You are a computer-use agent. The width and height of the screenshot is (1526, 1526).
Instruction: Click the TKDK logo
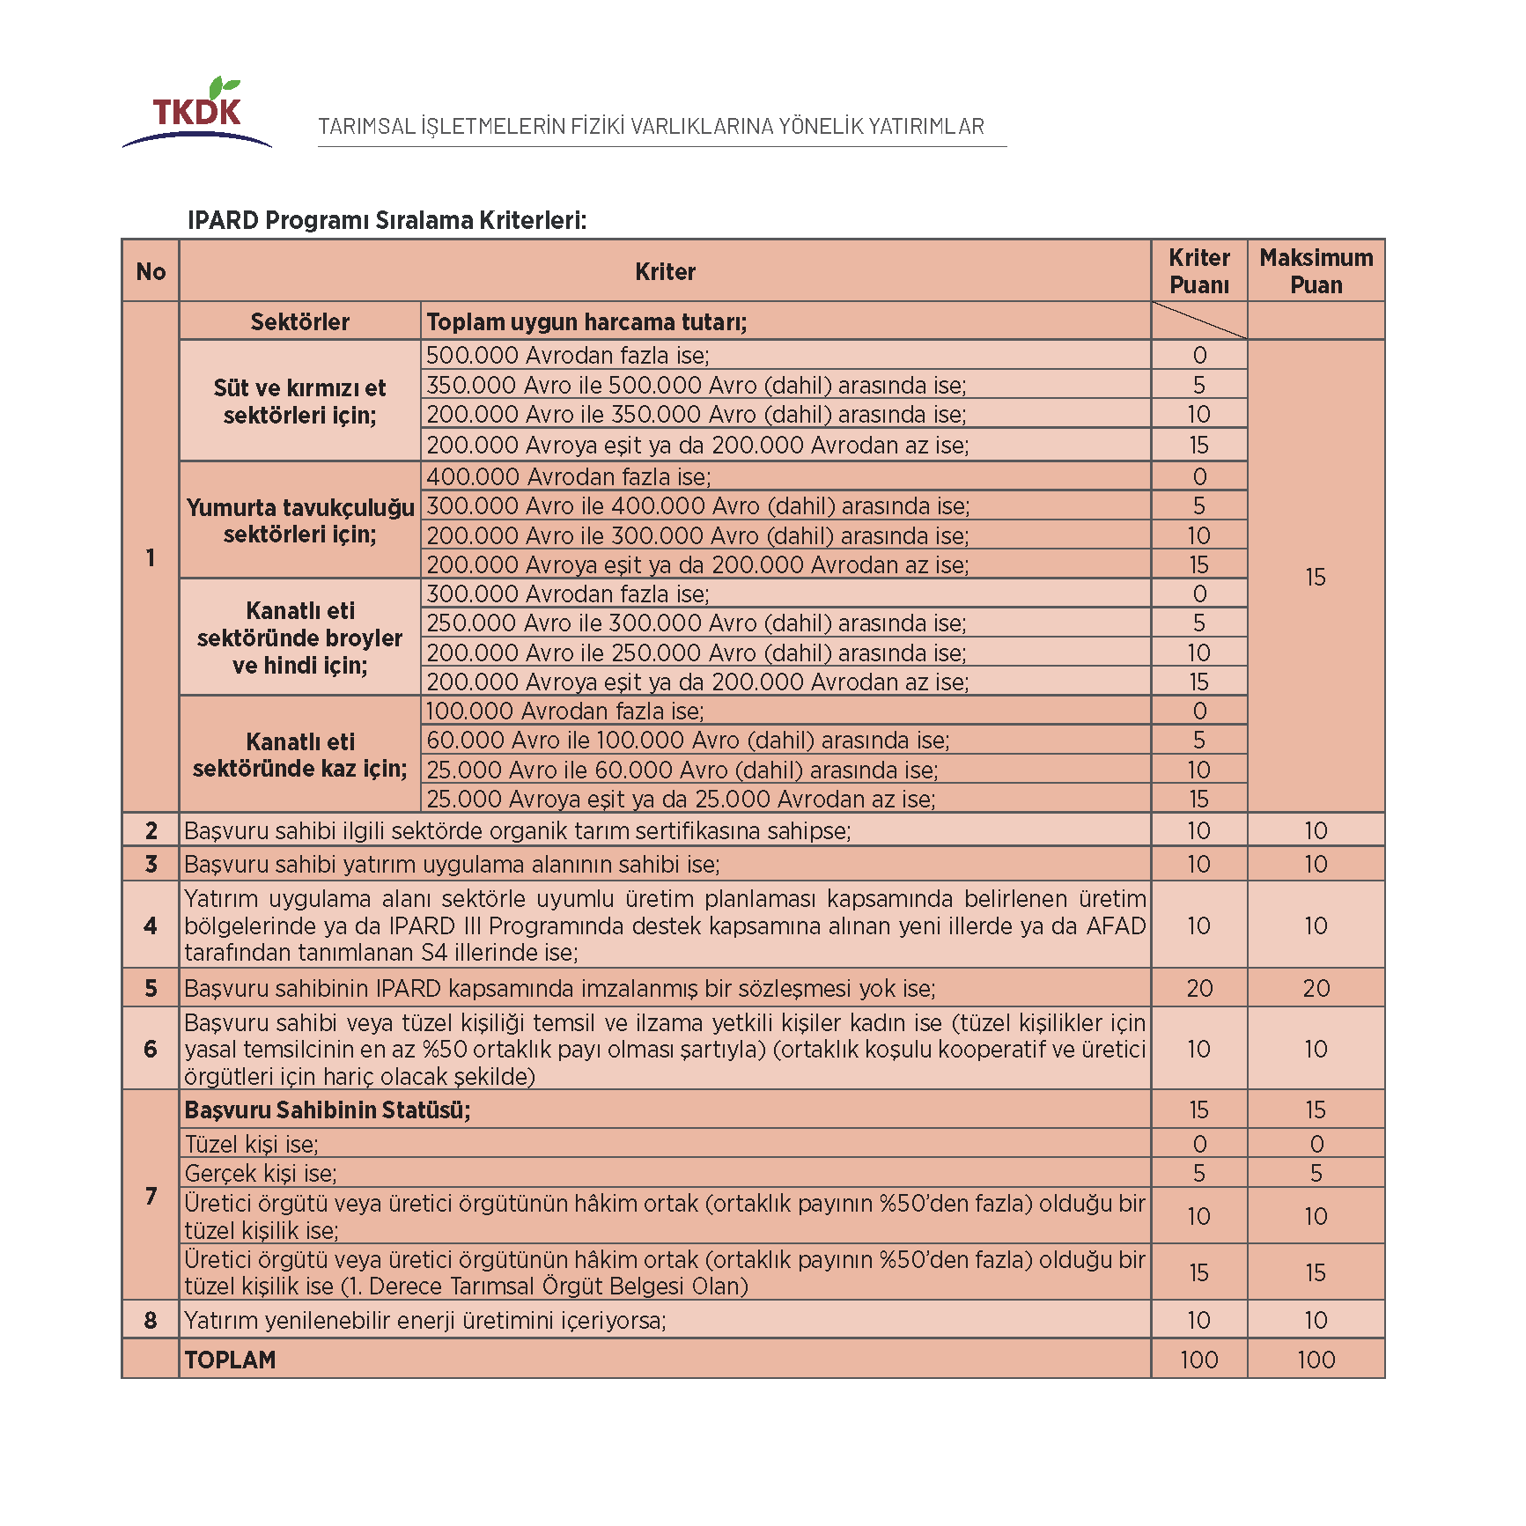(197, 114)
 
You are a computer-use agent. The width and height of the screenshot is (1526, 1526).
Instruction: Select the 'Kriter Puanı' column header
(1198, 271)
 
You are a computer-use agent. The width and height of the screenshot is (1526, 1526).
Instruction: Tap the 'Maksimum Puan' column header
(1316, 271)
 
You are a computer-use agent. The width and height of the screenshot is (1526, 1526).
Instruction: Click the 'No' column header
(151, 271)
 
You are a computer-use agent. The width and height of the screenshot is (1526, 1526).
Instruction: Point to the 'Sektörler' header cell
(299, 321)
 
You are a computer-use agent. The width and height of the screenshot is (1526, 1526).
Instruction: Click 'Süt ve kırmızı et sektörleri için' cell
(299, 401)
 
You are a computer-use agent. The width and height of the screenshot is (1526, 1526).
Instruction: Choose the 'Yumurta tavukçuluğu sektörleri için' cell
(299, 520)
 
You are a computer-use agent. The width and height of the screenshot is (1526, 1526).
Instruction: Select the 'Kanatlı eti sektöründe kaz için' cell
(299, 755)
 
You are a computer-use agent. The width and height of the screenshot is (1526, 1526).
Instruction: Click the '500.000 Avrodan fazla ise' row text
(568, 355)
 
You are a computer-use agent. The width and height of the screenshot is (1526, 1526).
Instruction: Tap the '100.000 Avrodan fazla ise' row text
(564, 711)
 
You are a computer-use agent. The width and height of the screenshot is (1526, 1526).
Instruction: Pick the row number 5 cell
(151, 988)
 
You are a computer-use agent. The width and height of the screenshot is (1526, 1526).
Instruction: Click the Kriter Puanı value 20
(1198, 988)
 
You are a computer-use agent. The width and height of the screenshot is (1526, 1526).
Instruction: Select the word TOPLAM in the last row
(230, 1360)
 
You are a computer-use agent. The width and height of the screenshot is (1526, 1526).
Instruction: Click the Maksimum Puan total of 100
(1316, 1360)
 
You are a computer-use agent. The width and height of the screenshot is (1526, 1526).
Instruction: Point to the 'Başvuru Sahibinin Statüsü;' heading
(328, 1109)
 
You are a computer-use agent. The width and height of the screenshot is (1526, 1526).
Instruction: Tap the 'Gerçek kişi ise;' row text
(261, 1173)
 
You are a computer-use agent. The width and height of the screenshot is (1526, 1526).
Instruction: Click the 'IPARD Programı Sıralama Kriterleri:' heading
(387, 219)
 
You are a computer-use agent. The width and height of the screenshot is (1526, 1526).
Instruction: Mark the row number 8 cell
(151, 1320)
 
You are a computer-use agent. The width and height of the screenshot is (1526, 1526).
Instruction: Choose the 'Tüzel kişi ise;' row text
(252, 1144)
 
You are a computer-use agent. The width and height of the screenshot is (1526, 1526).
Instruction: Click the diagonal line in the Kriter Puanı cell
(1198, 321)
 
